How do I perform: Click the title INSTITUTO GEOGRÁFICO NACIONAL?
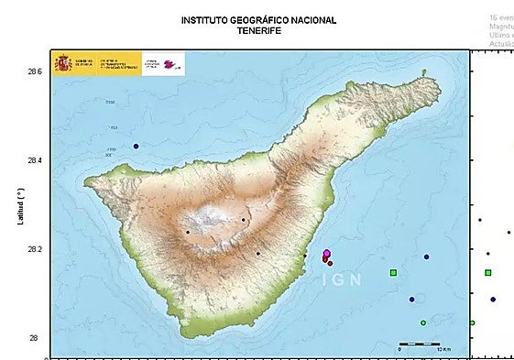pos(258,19)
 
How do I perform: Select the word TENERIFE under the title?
pos(258,31)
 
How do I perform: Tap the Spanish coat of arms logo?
pos(63,63)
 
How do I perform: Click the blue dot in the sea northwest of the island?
pos(136,147)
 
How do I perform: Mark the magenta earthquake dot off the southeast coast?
pos(327,254)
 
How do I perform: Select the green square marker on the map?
pos(393,273)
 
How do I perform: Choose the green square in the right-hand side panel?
pos(488,272)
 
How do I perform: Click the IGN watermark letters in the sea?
pos(342,280)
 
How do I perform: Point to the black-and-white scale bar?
pos(420,344)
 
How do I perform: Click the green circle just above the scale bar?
pos(422,322)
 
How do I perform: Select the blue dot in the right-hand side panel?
pos(493,300)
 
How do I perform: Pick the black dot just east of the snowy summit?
pos(243,220)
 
